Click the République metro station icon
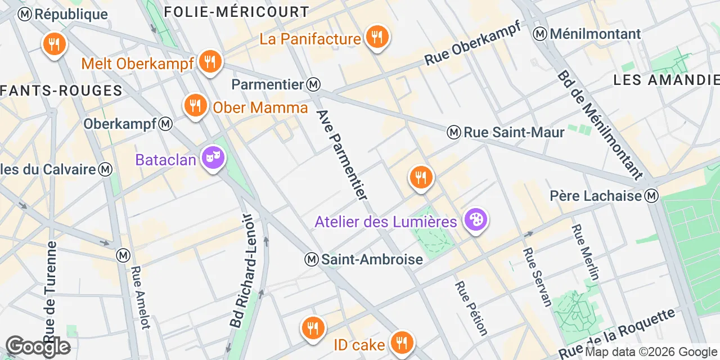[x=25, y=15]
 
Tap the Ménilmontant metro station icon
[x=541, y=34]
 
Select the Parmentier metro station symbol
[x=314, y=84]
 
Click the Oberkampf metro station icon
[x=165, y=124]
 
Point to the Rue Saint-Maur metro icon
[x=454, y=132]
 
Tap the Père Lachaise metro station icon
[x=651, y=196]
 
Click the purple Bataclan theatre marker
[x=213, y=158]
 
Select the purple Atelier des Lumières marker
[x=476, y=220]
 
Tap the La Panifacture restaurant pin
[x=377, y=37]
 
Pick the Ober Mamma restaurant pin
[x=195, y=105]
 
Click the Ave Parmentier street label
[x=342, y=154]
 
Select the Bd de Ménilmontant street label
[x=600, y=124]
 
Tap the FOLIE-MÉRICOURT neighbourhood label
[x=236, y=11]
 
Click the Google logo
[x=38, y=346]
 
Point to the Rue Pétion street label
[x=471, y=308]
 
